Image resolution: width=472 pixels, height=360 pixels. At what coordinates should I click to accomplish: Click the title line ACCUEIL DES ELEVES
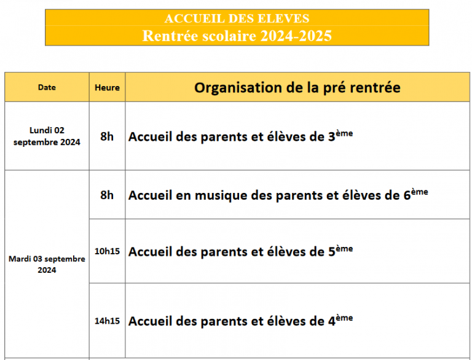[x=237, y=18]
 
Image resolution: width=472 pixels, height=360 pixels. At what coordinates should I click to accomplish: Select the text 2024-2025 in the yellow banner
[x=296, y=36]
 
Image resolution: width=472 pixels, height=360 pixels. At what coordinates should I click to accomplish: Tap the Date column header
[x=47, y=87]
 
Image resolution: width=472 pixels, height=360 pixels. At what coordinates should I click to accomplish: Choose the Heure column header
[x=107, y=87]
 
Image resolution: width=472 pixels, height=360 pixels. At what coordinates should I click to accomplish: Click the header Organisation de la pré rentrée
[x=297, y=87]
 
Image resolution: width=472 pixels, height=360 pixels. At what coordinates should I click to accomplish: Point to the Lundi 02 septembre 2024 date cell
[x=47, y=136]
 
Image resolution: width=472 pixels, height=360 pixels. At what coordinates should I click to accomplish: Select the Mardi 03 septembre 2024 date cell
[x=47, y=264]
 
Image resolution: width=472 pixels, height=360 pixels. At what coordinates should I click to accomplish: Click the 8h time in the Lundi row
[x=107, y=136]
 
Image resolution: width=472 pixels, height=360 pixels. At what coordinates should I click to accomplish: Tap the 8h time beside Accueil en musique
[x=107, y=195]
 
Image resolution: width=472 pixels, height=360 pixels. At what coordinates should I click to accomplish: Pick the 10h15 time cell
[x=107, y=251]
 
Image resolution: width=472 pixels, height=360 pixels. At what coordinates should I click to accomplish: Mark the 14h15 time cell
[x=107, y=321]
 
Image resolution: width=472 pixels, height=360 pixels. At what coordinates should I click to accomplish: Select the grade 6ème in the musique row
[x=415, y=194]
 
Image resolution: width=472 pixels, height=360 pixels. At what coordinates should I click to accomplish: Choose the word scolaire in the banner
[x=227, y=36]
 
